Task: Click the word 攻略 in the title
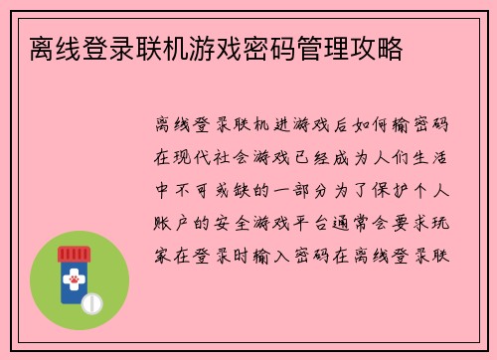click(377, 47)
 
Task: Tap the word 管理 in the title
click(325, 47)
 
